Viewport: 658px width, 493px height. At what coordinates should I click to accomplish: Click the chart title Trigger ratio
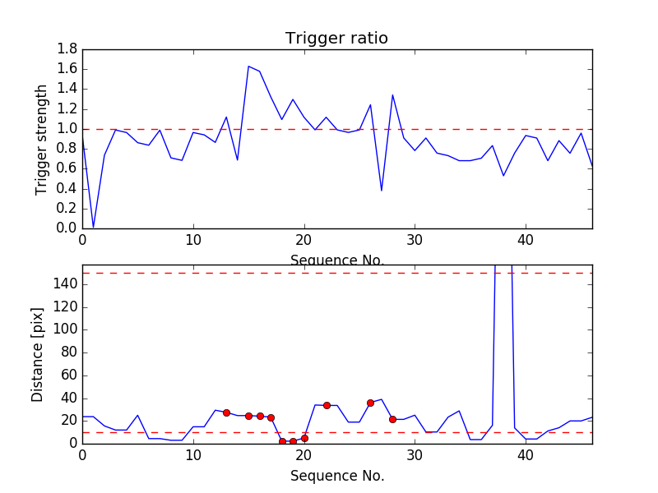point(336,39)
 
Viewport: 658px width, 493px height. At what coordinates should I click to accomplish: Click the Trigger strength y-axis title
point(43,139)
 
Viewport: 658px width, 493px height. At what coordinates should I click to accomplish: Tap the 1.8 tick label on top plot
point(67,49)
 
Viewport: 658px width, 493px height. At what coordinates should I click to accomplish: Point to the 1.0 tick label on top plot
point(67,129)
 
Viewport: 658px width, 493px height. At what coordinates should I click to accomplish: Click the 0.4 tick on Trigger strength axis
point(67,188)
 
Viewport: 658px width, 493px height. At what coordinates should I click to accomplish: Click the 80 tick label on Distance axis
point(67,352)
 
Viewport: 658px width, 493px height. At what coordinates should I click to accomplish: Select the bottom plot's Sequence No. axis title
point(336,476)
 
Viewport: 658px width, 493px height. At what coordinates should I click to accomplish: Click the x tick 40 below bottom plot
point(526,457)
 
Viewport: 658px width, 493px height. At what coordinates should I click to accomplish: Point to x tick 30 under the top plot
point(415,242)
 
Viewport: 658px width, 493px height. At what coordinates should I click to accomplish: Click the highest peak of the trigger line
point(248,66)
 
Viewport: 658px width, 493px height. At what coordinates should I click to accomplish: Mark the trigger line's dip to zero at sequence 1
point(93,227)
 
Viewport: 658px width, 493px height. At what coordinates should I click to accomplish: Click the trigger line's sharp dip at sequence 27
point(382,191)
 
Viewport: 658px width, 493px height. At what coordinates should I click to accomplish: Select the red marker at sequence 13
point(226,412)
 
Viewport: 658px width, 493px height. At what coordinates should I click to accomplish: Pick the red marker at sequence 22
point(327,405)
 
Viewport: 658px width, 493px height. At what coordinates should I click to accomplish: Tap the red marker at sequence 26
point(370,403)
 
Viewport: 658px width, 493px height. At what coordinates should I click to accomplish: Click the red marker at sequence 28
point(392,419)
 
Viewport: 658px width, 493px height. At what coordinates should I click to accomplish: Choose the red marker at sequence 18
point(282,441)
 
